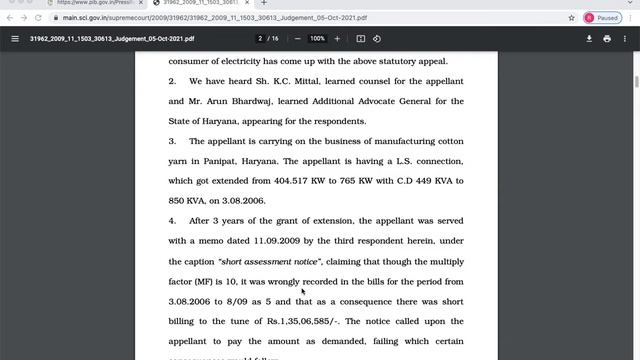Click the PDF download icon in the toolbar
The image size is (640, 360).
coord(589,39)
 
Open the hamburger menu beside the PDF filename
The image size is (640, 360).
coord(15,39)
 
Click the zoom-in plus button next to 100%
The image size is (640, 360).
coord(337,39)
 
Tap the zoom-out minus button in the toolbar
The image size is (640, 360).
coord(297,39)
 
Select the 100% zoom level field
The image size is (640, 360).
coord(317,39)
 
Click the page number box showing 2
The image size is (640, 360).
coord(261,39)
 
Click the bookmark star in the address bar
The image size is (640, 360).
coord(571,18)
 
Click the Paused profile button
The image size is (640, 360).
coord(602,18)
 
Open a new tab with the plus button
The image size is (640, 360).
coord(264,3)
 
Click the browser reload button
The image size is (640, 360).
coord(36,18)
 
